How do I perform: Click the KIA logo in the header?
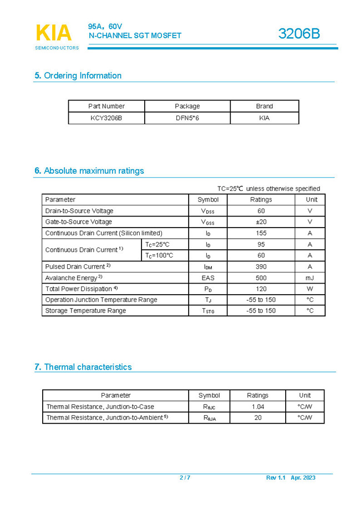point(54,33)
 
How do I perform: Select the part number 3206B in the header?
point(299,34)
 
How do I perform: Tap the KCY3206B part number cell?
point(107,118)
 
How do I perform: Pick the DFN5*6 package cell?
point(187,118)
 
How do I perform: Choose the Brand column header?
point(264,106)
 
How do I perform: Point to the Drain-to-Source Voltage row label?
point(79,211)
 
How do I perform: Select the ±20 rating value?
point(261,222)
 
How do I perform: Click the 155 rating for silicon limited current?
point(261,233)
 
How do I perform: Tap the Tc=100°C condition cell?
point(159,255)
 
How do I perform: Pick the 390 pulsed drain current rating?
point(261,266)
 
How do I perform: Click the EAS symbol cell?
point(208,278)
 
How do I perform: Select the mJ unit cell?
point(310,278)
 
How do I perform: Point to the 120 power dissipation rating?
point(261,289)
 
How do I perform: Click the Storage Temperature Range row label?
point(85,311)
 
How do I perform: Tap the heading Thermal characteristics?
point(88,367)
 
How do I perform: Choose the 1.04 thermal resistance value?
point(258,407)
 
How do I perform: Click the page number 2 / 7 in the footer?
point(185,478)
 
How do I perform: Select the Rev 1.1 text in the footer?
point(275,478)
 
